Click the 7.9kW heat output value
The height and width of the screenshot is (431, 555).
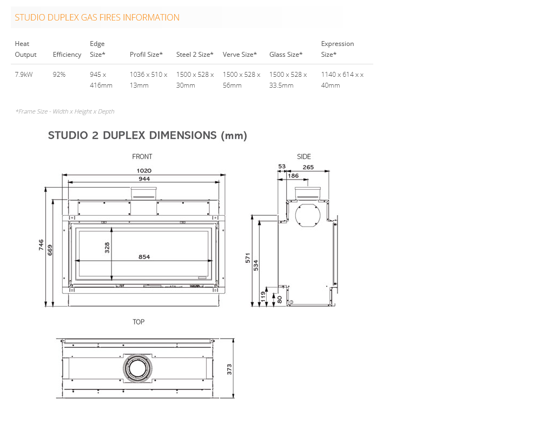pyautogui.click(x=24, y=74)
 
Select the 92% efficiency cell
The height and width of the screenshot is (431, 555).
pyautogui.click(x=59, y=74)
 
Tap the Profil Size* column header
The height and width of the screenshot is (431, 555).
pyautogui.click(x=146, y=55)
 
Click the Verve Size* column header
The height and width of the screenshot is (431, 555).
pyautogui.click(x=240, y=55)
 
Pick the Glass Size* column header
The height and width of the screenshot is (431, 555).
pyautogui.click(x=286, y=55)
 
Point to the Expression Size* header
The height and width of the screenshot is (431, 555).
pyautogui.click(x=338, y=49)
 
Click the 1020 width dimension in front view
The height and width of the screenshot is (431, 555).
pyautogui.click(x=144, y=170)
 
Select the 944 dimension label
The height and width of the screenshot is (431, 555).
pyautogui.click(x=144, y=178)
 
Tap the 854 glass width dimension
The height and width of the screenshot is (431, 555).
pyautogui.click(x=144, y=257)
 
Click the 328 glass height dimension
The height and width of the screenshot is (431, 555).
pyautogui.click(x=107, y=248)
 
